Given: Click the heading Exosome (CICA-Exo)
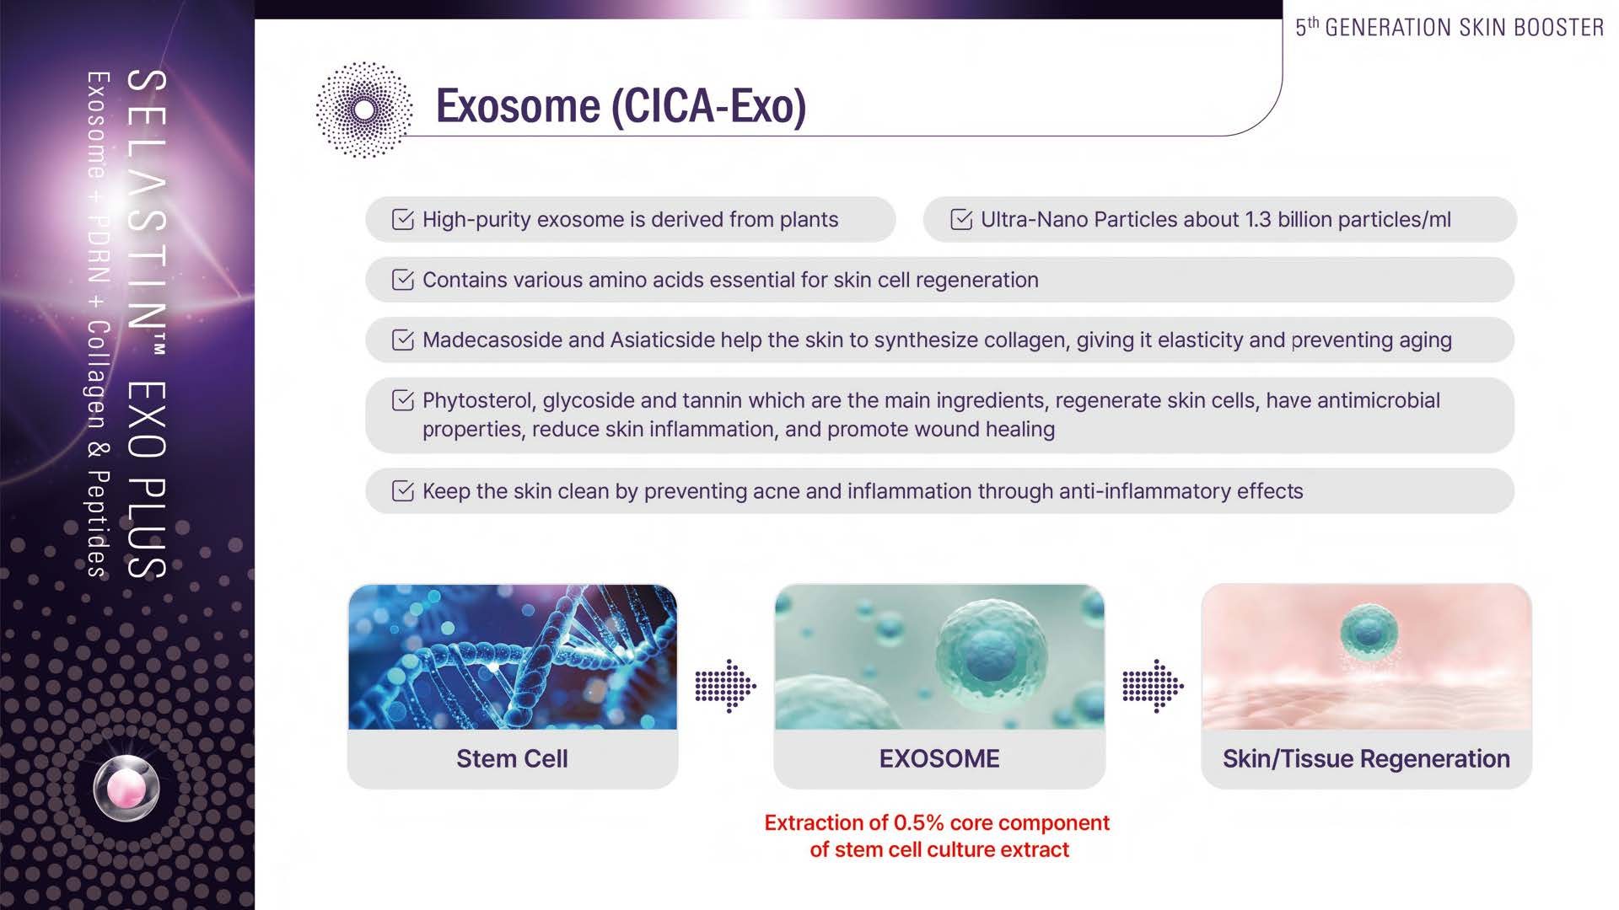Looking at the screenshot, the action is [x=621, y=106].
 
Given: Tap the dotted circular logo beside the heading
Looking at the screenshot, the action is [x=364, y=110].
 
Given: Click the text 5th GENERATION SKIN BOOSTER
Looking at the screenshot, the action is [x=1450, y=27].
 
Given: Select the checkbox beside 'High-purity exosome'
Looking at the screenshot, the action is [x=403, y=219].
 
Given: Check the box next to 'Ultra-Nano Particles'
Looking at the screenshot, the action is [x=961, y=219].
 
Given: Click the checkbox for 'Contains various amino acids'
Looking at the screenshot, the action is [x=403, y=280].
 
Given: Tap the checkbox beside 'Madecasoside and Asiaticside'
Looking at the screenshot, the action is [x=403, y=340].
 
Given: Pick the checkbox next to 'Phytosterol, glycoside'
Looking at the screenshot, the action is [x=403, y=400].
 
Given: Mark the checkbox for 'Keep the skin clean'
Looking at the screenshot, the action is [x=403, y=490].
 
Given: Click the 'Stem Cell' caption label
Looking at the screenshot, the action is [x=512, y=758].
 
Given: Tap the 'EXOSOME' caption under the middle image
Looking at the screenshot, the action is [x=939, y=758].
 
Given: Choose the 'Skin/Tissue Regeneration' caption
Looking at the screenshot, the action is [x=1366, y=758].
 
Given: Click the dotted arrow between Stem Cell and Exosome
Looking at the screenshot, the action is [x=725, y=687].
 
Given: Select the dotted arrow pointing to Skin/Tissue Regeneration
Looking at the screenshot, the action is [x=1153, y=687].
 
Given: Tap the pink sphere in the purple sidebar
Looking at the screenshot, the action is [x=126, y=789].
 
